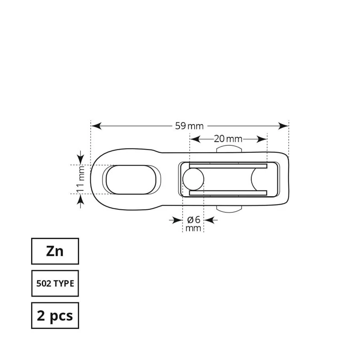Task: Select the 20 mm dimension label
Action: coord(228,139)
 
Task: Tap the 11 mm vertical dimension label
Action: coord(81,179)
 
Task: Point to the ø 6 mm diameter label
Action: coord(193,224)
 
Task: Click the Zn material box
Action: coord(55,251)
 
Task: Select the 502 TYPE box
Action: coord(55,283)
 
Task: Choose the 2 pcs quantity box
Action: coord(55,316)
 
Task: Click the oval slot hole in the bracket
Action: coord(131,179)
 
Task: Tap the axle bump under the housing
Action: coord(229,209)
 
